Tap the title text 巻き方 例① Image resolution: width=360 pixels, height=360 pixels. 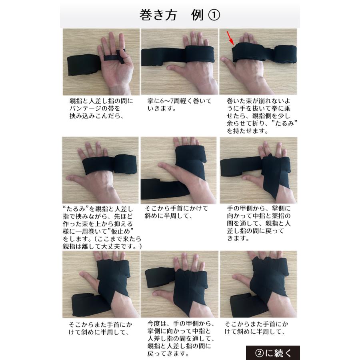(x=180, y=15)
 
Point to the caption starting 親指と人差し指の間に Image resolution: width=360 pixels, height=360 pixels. (x=101, y=108)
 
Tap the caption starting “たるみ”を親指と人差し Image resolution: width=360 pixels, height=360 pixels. (x=103, y=227)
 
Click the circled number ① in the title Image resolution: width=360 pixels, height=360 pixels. (x=214, y=15)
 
